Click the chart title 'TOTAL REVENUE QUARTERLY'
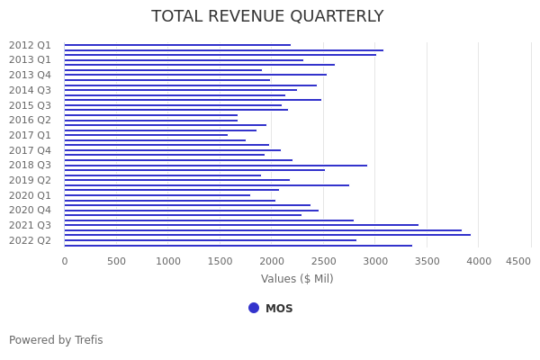pyautogui.click(x=267, y=17)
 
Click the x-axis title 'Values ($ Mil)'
pyautogui.click(x=297, y=279)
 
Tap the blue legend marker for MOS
pyautogui.click(x=254, y=308)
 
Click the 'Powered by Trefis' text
pyautogui.click(x=56, y=340)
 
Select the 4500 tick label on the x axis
pyautogui.click(x=517, y=261)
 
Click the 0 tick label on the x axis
pyautogui.click(x=64, y=261)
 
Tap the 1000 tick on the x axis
pyautogui.click(x=168, y=261)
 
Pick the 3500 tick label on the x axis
pyautogui.click(x=427, y=261)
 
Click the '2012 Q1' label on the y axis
pyautogui.click(x=30, y=45)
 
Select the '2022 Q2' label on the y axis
pyautogui.click(x=30, y=240)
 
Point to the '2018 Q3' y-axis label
pyautogui.click(x=30, y=165)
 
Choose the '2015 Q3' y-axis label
pyautogui.click(x=30, y=105)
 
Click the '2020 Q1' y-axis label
pyautogui.click(x=30, y=195)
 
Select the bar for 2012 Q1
pyautogui.click(x=177, y=45)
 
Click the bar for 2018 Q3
pyautogui.click(x=216, y=166)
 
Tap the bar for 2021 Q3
pyautogui.click(x=241, y=225)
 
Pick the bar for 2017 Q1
pyautogui.click(x=146, y=135)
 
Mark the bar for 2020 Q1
pyautogui.click(x=157, y=195)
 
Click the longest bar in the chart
pyautogui.click(x=267, y=235)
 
